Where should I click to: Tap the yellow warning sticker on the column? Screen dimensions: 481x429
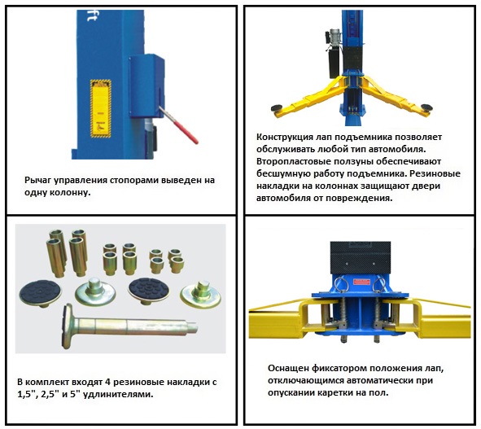[101, 108]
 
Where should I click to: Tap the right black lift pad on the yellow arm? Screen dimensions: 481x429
[426, 107]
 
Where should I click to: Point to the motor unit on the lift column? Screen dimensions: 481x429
[334, 53]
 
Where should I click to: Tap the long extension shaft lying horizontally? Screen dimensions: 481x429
[129, 326]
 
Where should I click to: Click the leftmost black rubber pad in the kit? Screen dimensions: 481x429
[40, 292]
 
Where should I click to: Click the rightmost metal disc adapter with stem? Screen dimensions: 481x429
[201, 295]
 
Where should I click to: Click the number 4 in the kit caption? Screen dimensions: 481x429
[107, 383]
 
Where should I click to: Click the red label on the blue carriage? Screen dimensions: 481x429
[361, 282]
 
